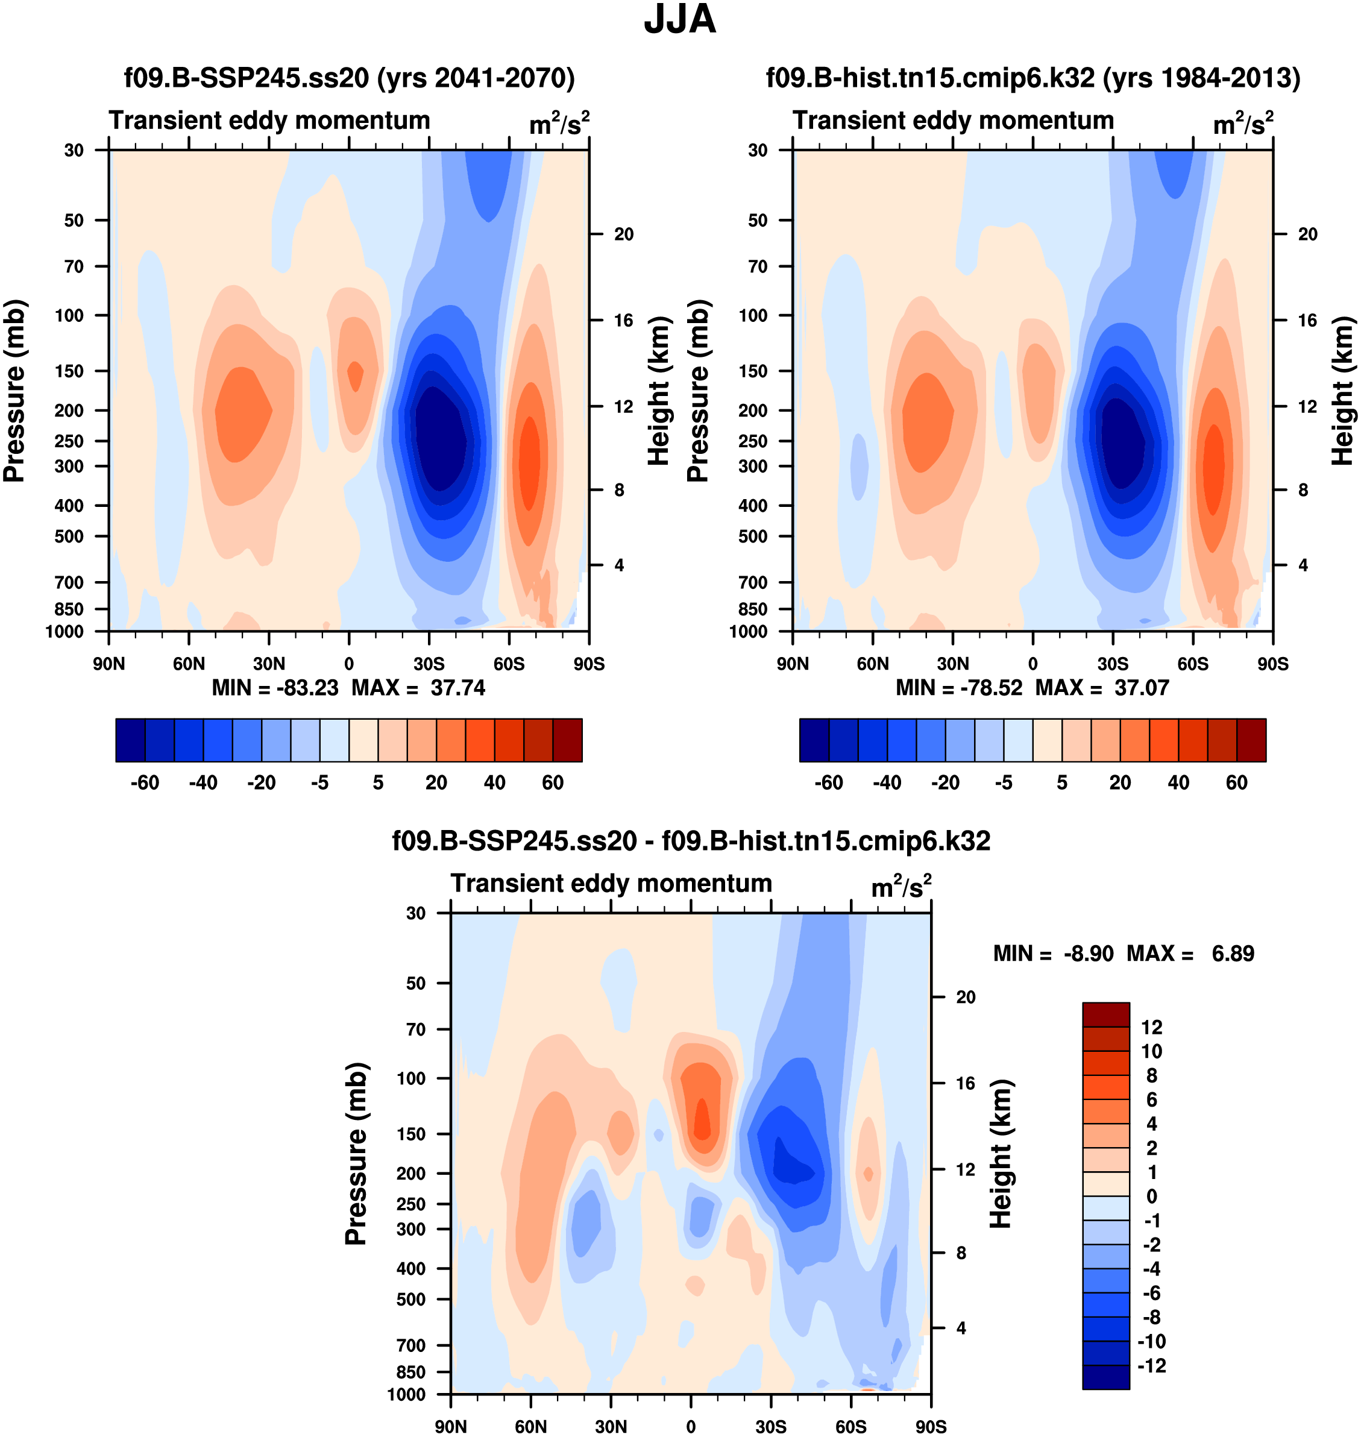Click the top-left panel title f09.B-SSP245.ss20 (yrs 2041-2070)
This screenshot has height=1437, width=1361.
point(349,78)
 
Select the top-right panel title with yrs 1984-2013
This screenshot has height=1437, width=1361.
point(1033,78)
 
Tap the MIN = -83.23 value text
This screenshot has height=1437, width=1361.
point(275,688)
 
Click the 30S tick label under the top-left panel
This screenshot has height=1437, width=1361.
point(429,664)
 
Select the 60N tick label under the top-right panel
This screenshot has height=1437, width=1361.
point(873,664)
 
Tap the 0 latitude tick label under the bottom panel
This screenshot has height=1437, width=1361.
point(691,1427)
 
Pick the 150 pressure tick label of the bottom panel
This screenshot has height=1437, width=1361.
point(411,1134)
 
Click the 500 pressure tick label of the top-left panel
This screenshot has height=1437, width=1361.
point(70,536)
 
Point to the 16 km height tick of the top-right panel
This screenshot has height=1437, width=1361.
point(1307,321)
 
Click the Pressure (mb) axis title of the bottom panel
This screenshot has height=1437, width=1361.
point(356,1153)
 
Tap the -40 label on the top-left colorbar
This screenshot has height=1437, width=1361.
point(203,783)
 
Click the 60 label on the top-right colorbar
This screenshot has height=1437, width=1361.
point(1237,783)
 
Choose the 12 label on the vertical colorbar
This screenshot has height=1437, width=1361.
point(1151,1027)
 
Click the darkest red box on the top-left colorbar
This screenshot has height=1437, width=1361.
point(567,740)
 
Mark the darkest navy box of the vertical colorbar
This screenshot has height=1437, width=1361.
point(1105,1377)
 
